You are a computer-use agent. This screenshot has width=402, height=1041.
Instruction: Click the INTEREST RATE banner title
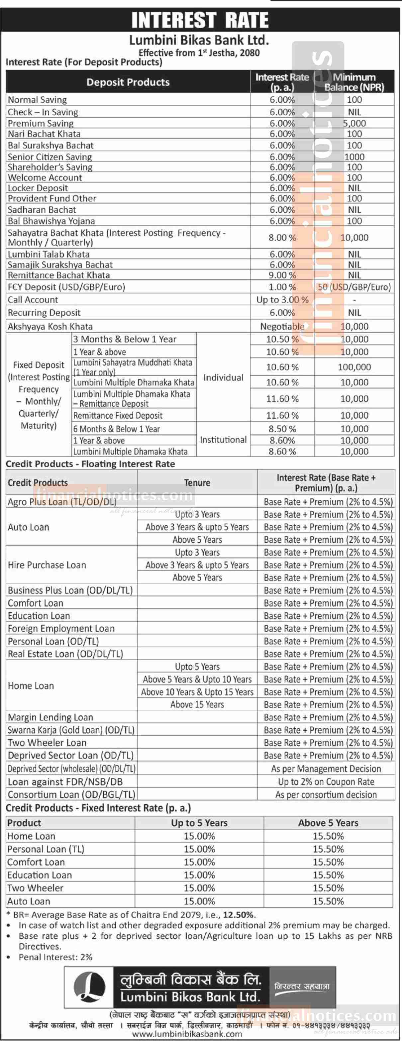[200, 20]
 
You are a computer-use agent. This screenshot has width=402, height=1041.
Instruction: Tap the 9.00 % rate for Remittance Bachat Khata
[282, 275]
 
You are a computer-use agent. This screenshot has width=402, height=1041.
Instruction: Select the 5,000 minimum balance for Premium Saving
[354, 123]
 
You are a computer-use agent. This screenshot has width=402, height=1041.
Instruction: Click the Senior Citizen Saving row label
[50, 157]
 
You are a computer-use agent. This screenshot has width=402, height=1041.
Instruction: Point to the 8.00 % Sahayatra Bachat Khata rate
[282, 238]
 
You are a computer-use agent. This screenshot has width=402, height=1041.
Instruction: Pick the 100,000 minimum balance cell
[354, 367]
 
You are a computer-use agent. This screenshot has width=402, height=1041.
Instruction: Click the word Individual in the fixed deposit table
[223, 377]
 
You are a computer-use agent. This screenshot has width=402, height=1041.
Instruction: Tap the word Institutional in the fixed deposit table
[223, 440]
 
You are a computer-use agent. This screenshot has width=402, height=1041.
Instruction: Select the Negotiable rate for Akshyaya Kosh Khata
[282, 327]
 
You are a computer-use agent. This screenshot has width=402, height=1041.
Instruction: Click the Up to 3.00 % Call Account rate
[282, 300]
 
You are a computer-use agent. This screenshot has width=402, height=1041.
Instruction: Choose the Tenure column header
[197, 482]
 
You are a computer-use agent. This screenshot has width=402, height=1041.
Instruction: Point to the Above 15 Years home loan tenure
[197, 704]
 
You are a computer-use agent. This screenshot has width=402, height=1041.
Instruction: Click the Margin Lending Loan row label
[50, 717]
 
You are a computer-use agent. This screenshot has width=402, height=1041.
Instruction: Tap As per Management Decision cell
[326, 769]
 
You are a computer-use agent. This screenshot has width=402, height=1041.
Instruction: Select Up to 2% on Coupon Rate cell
[326, 781]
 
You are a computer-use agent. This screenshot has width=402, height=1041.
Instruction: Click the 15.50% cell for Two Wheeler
[328, 888]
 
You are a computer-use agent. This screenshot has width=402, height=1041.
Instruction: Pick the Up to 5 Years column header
[199, 823]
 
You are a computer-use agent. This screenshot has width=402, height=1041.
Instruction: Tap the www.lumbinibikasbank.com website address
[187, 1034]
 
